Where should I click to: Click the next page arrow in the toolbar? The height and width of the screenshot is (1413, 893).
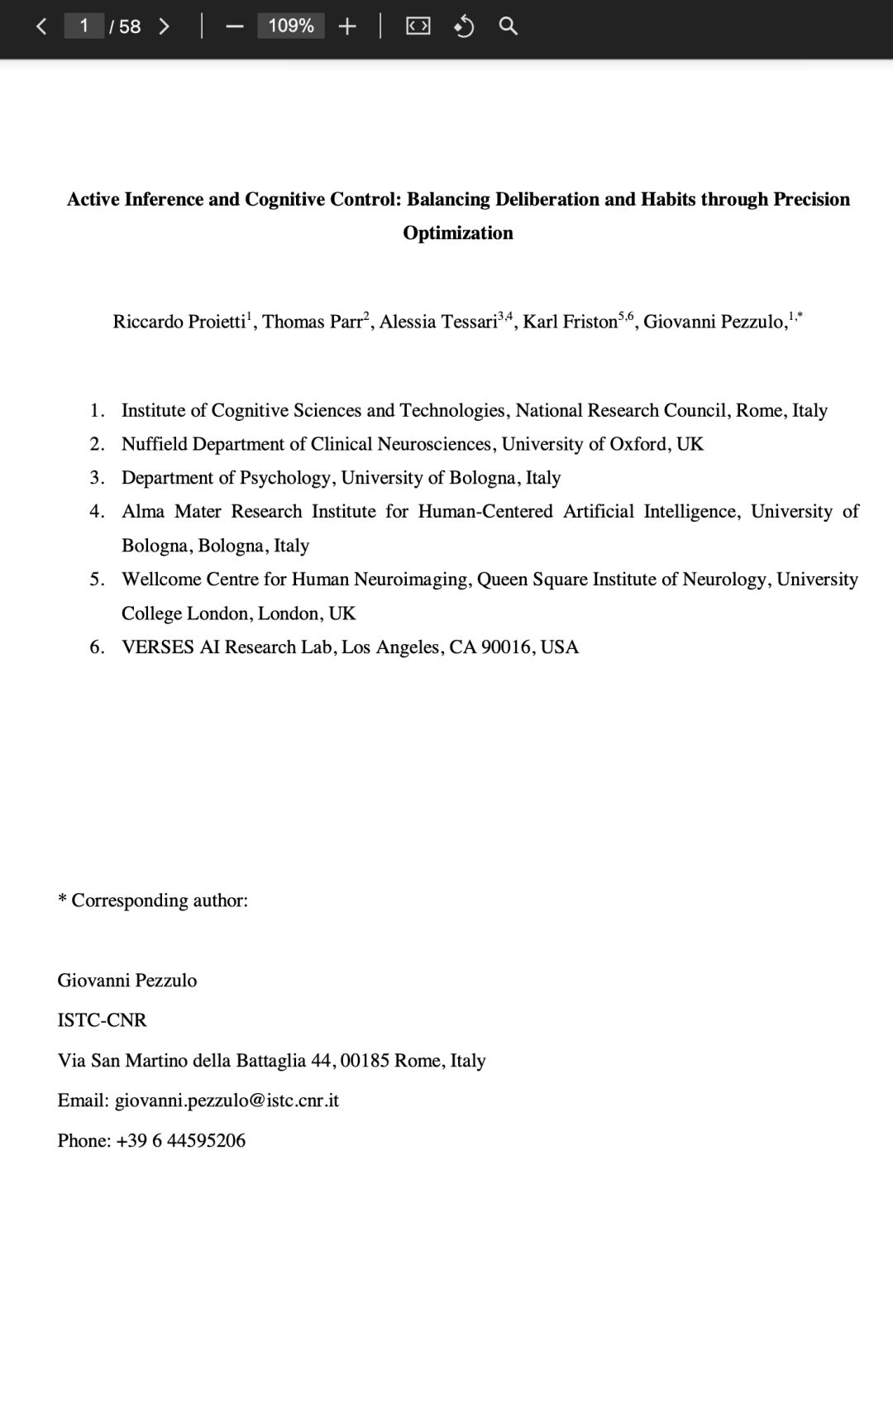(164, 26)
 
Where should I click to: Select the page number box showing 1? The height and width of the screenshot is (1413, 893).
(84, 26)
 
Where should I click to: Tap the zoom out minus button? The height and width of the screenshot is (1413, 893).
(235, 26)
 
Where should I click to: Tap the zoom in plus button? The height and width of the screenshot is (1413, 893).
(347, 26)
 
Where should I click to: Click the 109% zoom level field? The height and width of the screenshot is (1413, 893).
(291, 26)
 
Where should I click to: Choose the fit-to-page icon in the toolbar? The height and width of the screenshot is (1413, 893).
(418, 26)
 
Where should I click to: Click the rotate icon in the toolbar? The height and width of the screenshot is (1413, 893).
(464, 26)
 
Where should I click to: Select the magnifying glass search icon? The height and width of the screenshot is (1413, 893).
(509, 26)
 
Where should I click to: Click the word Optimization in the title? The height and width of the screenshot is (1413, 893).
(458, 233)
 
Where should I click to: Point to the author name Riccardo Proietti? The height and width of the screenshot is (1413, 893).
(179, 322)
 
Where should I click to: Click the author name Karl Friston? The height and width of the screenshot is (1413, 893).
(570, 322)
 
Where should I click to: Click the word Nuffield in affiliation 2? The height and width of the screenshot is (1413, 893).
(155, 444)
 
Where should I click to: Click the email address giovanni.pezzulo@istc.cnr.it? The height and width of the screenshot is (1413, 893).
(227, 1100)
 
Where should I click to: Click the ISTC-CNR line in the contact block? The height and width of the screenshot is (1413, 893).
(102, 1020)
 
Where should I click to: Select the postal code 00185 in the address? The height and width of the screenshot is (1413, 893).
(365, 1061)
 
